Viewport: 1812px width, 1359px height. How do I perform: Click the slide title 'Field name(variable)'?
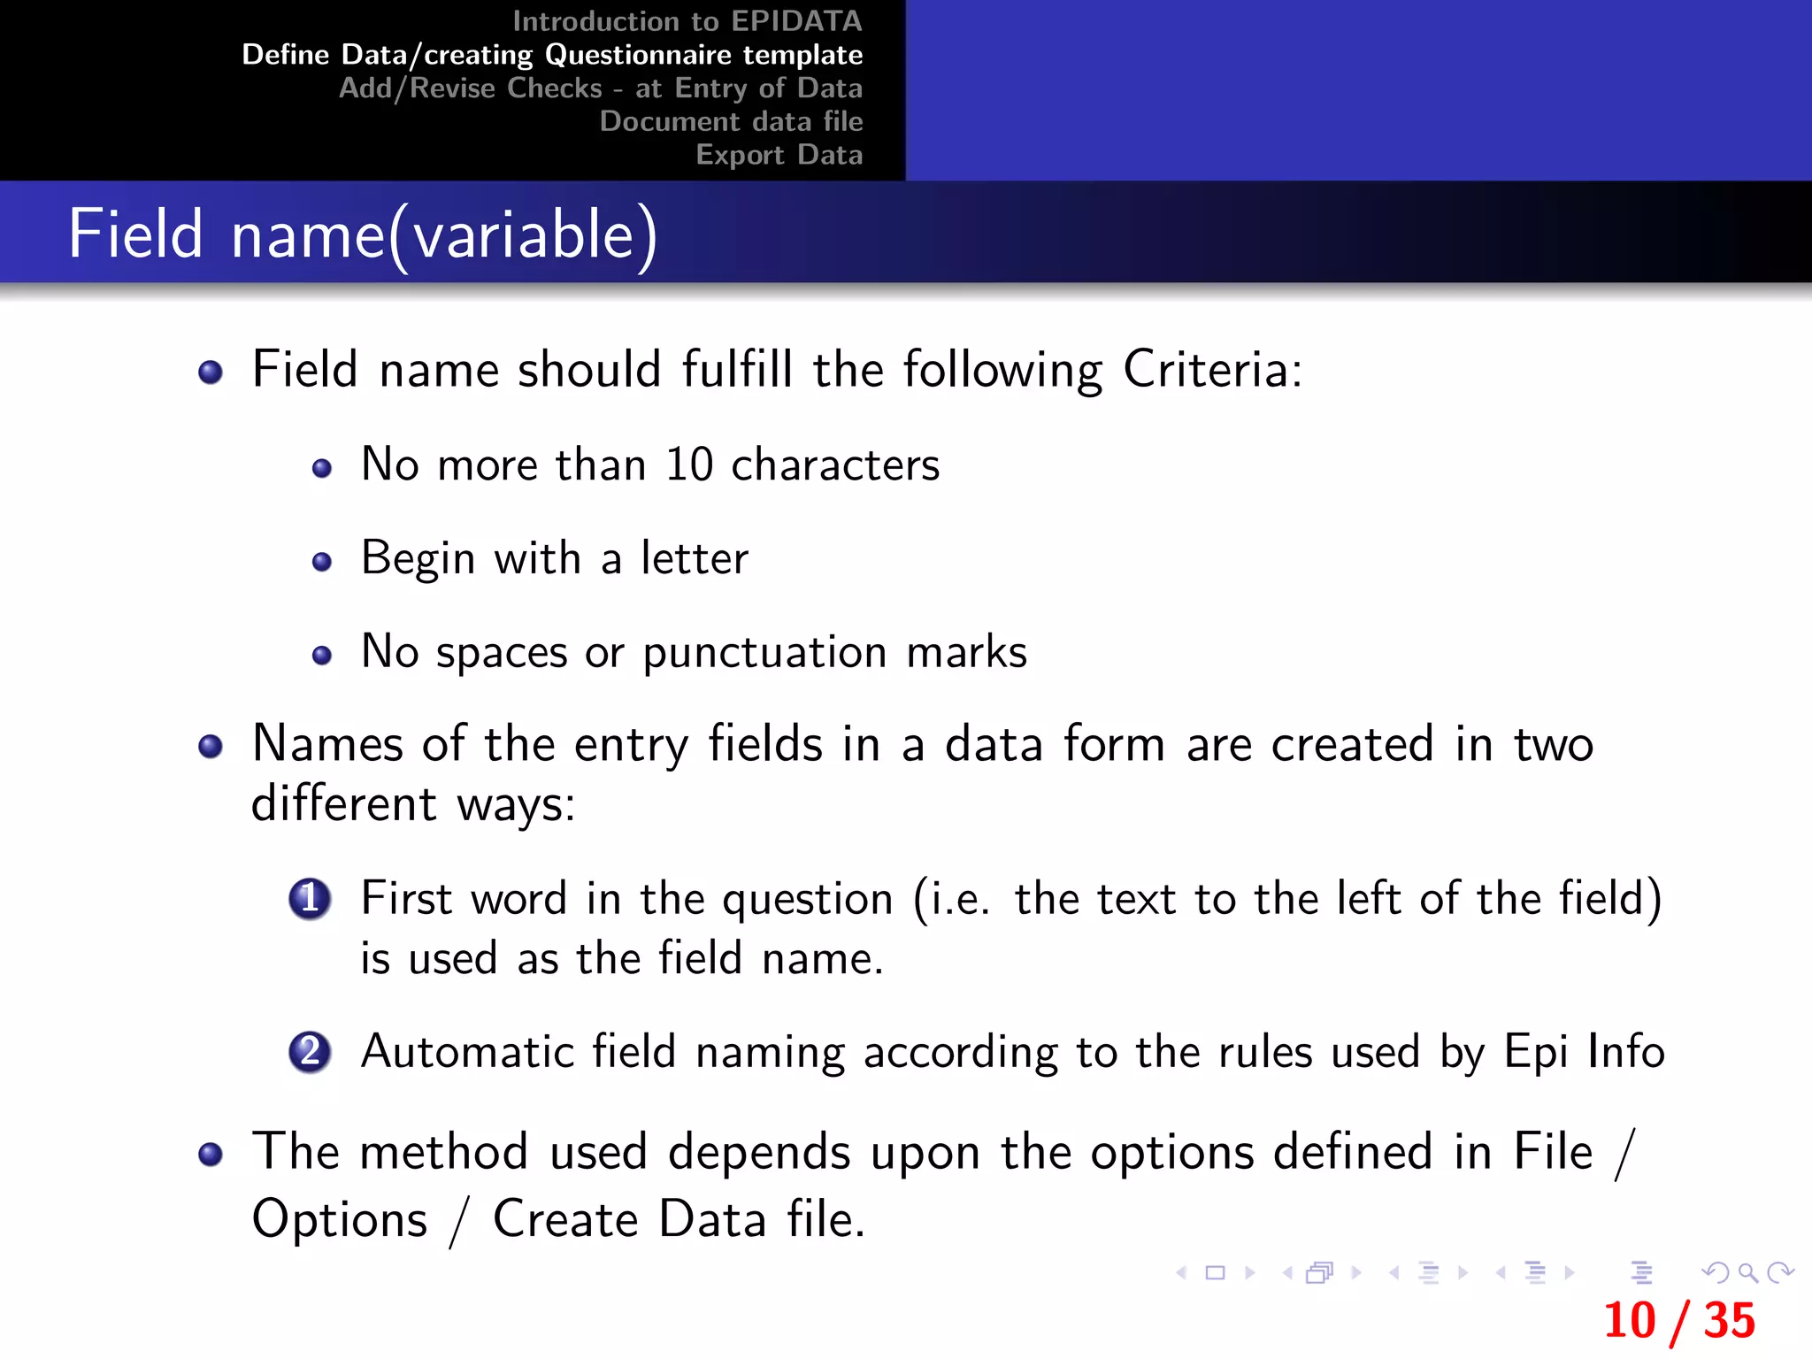pyautogui.click(x=363, y=234)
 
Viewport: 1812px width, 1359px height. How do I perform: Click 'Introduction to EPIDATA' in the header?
pyautogui.click(x=687, y=21)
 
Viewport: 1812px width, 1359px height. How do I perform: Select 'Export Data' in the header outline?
pyautogui.click(x=779, y=155)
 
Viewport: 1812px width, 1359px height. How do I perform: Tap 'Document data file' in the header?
pyautogui.click(x=731, y=121)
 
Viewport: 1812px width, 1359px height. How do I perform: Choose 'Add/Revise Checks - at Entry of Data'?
pyautogui.click(x=601, y=88)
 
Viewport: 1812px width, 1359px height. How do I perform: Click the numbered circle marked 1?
pyautogui.click(x=310, y=899)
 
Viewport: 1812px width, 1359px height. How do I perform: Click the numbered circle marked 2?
pyautogui.click(x=310, y=1052)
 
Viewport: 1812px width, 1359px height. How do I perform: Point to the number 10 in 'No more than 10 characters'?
pyautogui.click(x=689, y=465)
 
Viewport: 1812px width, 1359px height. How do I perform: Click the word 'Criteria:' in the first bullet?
pyautogui.click(x=1212, y=369)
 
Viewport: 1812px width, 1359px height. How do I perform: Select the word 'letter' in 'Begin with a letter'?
pyautogui.click(x=695, y=558)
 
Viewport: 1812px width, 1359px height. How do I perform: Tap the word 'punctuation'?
pyautogui.click(x=764, y=653)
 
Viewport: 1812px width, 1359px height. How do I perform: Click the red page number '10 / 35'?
pyautogui.click(x=1678, y=1320)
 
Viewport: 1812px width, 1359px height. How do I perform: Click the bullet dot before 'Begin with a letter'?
pyautogui.click(x=322, y=562)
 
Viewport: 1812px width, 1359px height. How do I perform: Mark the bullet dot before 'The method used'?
pyautogui.click(x=211, y=1155)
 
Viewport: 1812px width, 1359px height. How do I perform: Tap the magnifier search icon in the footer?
pyautogui.click(x=1747, y=1273)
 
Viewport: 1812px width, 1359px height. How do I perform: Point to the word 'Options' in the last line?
pyautogui.click(x=340, y=1219)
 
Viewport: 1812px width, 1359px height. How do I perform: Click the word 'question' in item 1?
pyautogui.click(x=808, y=900)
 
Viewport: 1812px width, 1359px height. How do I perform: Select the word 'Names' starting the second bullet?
pyautogui.click(x=326, y=743)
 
